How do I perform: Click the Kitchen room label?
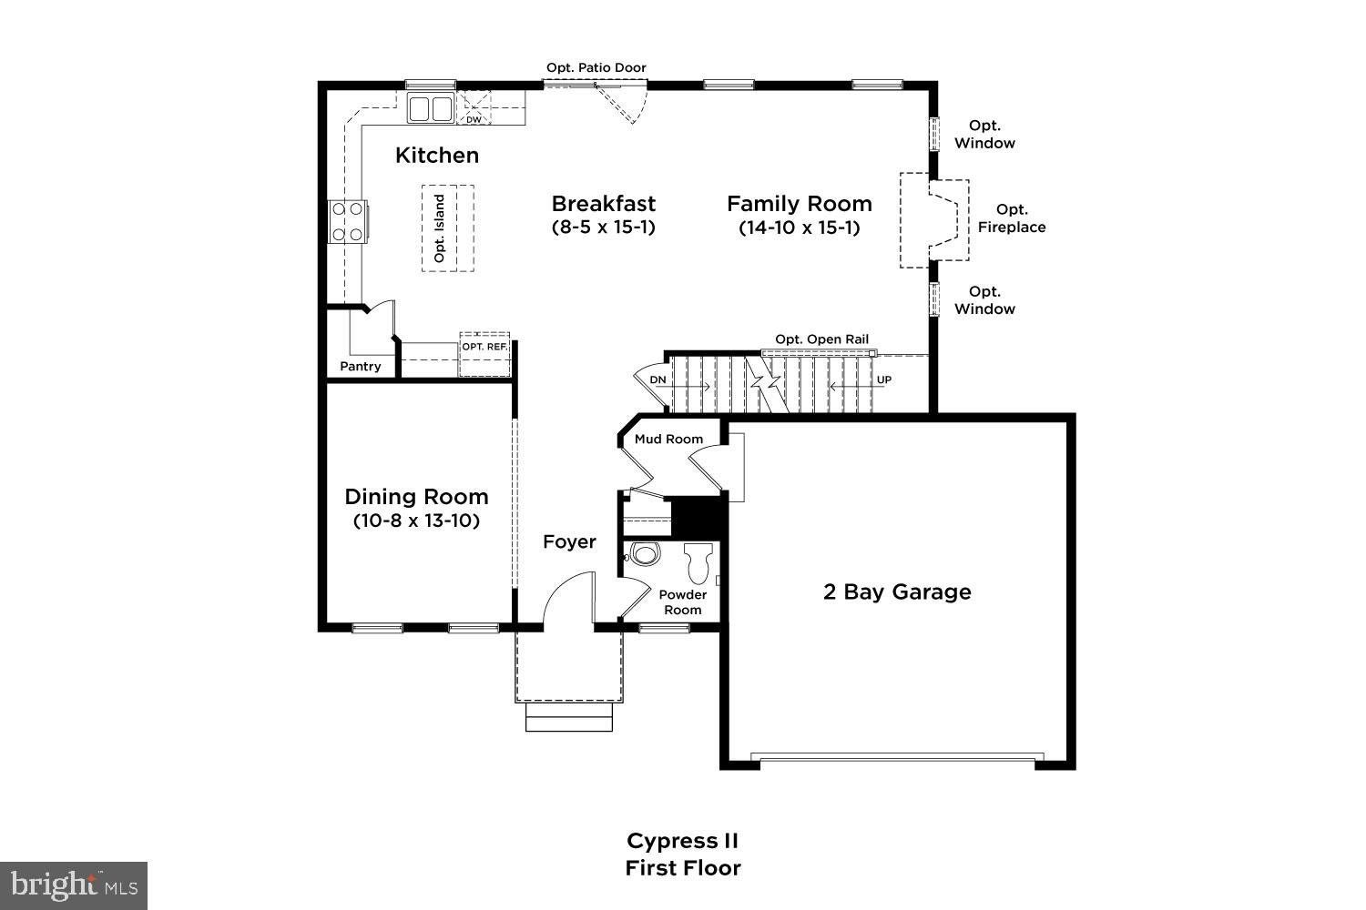coord(436,156)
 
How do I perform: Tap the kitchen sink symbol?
coord(431,109)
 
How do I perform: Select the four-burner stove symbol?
coord(347,221)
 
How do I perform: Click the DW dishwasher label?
coord(474,119)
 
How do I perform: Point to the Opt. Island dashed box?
coord(447,227)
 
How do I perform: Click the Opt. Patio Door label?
coord(596,67)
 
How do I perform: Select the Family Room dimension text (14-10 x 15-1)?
coord(799,227)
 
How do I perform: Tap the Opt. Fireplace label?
coord(1012,218)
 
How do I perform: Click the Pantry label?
coord(360,367)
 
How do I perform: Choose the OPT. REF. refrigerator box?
coord(484,354)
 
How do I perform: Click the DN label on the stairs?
coord(658,379)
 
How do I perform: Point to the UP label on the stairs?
coord(883,379)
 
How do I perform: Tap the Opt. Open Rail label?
coord(821,339)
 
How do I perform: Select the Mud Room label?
coord(668,439)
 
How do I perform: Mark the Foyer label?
coord(569,542)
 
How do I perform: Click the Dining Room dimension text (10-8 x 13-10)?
coord(416,521)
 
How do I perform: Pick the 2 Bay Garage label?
coord(897,592)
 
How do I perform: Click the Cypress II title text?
coord(682,840)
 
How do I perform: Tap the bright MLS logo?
coord(73,885)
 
